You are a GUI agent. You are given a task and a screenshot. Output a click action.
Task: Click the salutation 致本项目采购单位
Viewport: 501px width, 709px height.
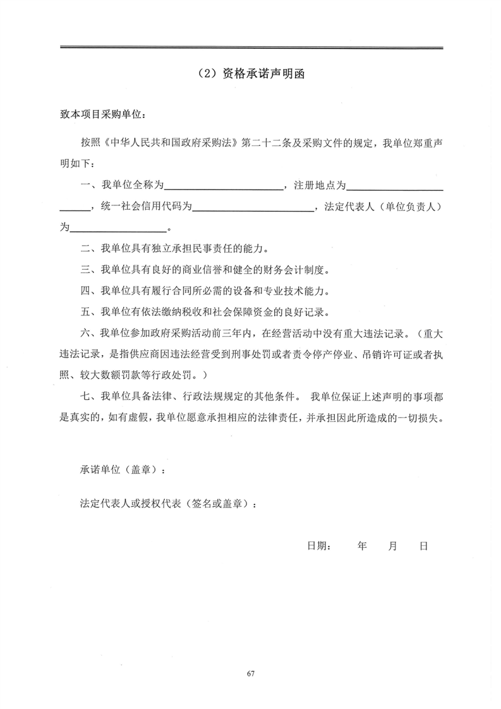point(102,116)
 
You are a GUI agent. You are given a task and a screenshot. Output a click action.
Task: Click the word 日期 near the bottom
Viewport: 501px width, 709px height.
point(318,546)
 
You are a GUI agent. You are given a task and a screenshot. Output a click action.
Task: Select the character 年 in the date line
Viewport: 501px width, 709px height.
point(362,546)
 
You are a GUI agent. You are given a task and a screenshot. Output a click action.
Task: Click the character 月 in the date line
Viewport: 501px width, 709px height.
point(392,546)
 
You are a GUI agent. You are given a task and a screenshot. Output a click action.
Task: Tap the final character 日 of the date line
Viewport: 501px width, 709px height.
point(423,546)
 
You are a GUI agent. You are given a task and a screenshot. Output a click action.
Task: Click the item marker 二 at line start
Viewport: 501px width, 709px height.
point(85,249)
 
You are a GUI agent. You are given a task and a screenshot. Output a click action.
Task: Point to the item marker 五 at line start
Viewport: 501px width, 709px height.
point(85,312)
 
